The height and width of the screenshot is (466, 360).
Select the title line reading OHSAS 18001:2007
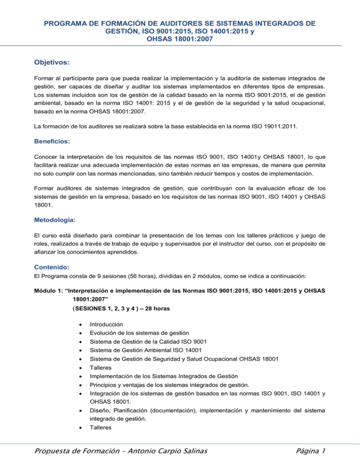pos(180,40)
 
